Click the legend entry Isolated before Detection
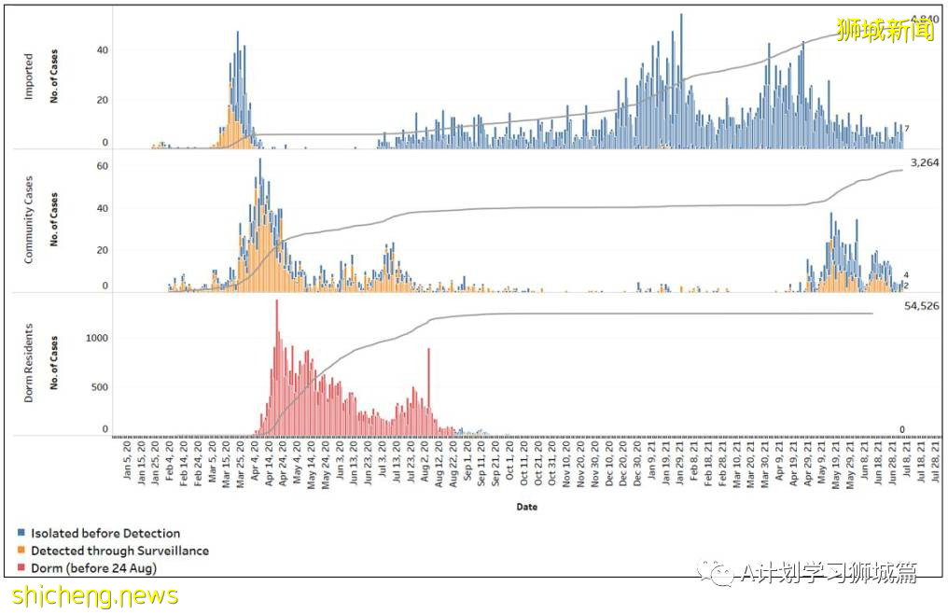point(105,534)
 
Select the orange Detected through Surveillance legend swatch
point(21,551)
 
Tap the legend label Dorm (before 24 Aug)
point(93,568)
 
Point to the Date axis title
point(525,508)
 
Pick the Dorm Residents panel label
point(28,364)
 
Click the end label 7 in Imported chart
point(907,129)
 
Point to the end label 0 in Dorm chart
point(902,430)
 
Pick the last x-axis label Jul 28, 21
point(936,471)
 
